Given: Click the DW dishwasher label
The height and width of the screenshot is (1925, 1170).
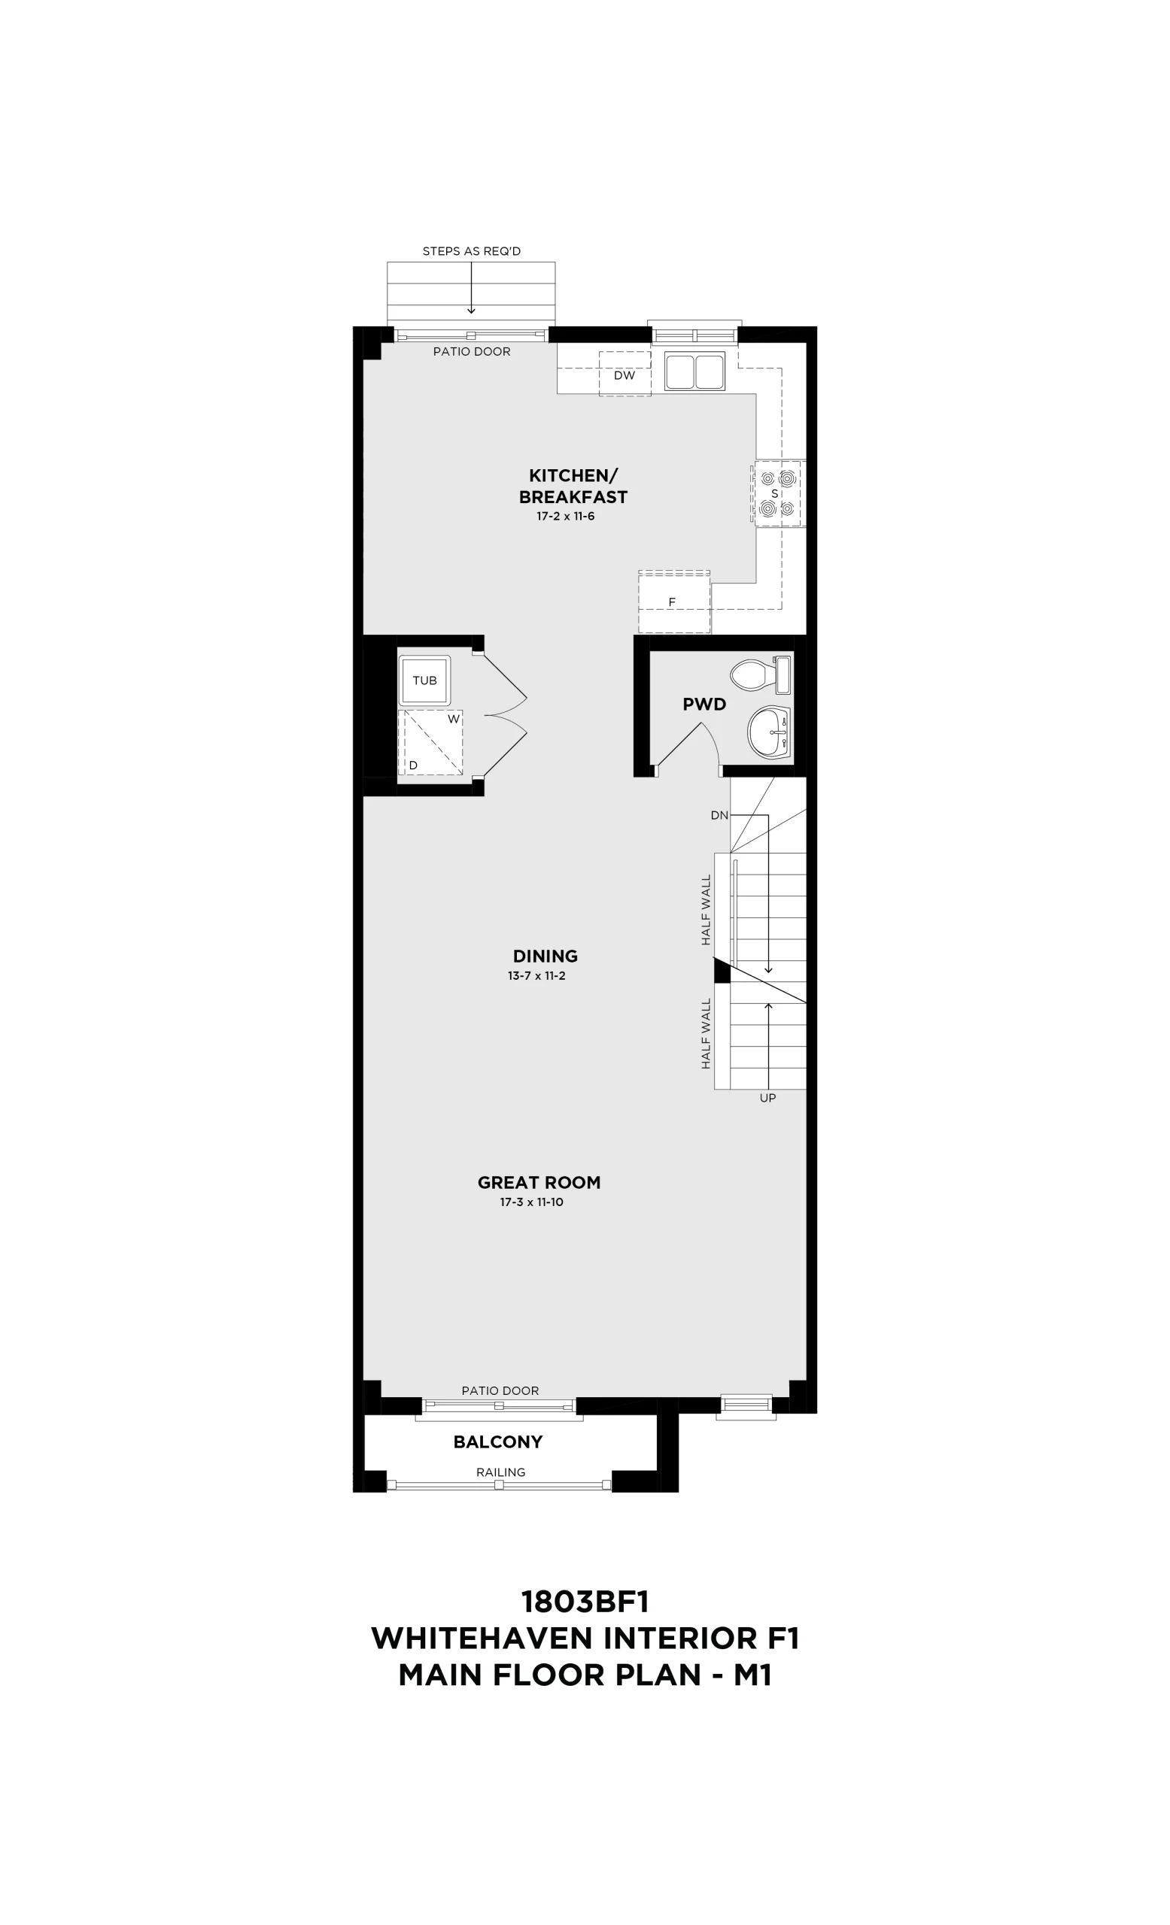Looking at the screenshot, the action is (624, 375).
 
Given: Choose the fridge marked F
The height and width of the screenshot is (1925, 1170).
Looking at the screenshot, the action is (673, 602).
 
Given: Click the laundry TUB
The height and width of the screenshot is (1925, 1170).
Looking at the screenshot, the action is (424, 681).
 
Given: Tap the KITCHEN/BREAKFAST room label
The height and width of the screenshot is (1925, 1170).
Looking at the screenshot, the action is (573, 486).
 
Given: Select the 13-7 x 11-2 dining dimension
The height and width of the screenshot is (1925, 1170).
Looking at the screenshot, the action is (536, 976).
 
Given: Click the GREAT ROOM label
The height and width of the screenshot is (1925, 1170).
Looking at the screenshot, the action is (539, 1183).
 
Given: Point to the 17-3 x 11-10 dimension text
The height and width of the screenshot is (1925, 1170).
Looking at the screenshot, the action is (531, 1202).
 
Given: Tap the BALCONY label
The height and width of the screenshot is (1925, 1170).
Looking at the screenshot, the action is (498, 1442).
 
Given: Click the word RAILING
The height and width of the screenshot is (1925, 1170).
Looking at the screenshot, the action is (501, 1472).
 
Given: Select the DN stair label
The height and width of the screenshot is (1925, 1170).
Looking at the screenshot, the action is (719, 816).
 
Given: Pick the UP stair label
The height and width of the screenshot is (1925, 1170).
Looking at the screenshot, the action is (767, 1099).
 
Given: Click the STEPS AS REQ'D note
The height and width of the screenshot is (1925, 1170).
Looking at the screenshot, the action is (471, 251).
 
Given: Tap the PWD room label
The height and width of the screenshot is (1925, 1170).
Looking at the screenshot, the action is (704, 705).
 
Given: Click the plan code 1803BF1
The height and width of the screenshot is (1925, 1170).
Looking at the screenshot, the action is (585, 1602).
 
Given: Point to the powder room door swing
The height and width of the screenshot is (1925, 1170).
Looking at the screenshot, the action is (688, 746).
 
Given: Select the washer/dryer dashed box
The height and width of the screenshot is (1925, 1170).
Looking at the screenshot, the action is (430, 742).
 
